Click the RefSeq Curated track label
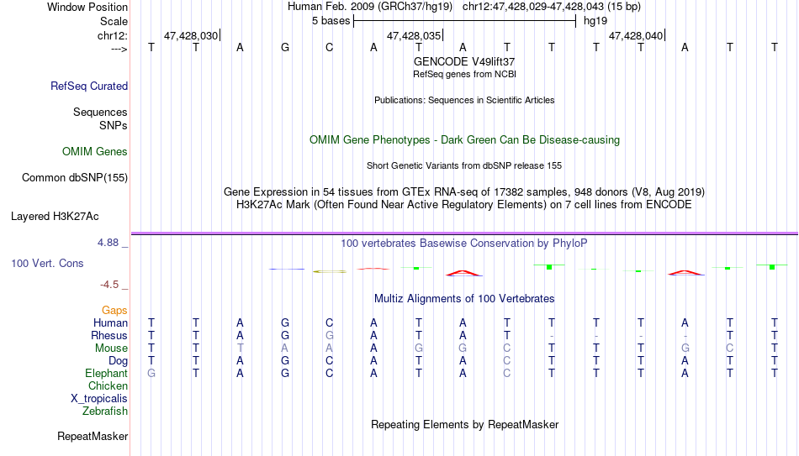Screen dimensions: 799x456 (89, 86)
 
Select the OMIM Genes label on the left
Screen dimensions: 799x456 (95, 152)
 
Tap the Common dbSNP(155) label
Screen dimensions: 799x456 (75, 178)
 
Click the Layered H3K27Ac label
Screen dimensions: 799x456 (55, 217)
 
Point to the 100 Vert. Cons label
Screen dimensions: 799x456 (47, 263)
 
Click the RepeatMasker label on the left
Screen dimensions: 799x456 (93, 436)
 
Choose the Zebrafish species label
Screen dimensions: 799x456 (105, 411)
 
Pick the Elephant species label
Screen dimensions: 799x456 (107, 373)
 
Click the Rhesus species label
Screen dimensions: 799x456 (109, 335)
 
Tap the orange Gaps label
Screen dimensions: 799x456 (114, 311)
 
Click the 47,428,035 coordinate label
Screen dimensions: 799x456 (414, 35)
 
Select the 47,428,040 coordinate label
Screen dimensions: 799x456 (636, 35)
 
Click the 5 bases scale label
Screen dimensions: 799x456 (331, 21)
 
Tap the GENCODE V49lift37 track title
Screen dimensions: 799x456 (464, 61)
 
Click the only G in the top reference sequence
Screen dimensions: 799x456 (285, 47)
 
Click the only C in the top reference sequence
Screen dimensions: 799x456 (329, 47)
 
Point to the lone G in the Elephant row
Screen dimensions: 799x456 (151, 373)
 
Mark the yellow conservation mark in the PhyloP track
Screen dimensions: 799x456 (330, 271)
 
